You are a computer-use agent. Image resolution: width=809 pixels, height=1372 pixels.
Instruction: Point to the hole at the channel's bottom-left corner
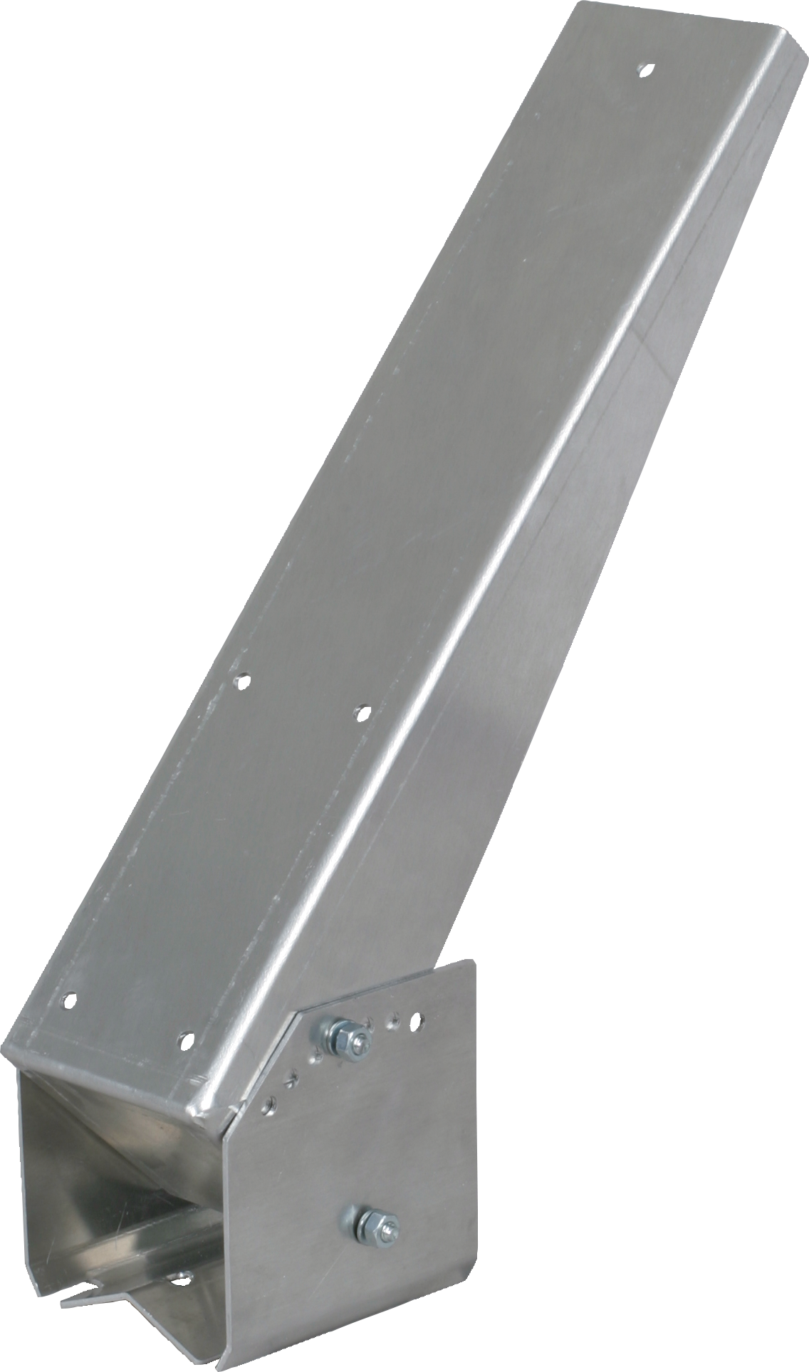tap(68, 1000)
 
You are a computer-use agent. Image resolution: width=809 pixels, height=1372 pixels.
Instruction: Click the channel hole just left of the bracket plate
tap(185, 1039)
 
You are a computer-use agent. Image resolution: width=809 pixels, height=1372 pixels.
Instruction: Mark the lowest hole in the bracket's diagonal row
tap(268, 1106)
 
